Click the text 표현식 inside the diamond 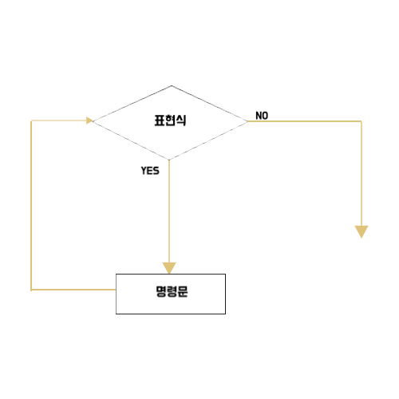(170, 120)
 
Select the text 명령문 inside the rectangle (172, 291)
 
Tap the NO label (262, 116)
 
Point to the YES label (150, 171)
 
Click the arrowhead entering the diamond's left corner (89, 120)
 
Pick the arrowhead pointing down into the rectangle (169, 268)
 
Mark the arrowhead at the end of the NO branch (361, 231)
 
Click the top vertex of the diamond (172, 85)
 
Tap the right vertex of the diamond (247, 121)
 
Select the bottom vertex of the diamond (169, 160)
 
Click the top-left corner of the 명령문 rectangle (117, 275)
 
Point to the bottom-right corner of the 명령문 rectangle (225, 314)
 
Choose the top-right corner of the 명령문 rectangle (225, 275)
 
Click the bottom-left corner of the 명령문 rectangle (117, 314)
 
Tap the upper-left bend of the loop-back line (31, 120)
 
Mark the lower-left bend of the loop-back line (31, 290)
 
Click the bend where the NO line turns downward (361, 121)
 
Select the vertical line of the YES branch (169, 211)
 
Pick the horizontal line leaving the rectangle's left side (73, 290)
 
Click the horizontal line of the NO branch (305, 121)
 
